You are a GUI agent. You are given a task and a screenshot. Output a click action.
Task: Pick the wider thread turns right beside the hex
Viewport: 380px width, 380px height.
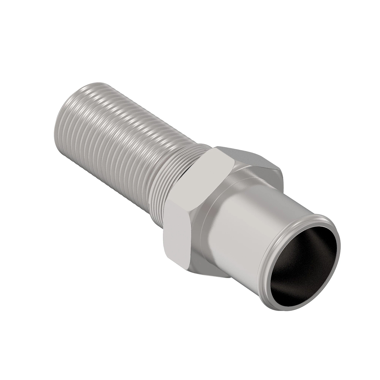coord(177,158)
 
